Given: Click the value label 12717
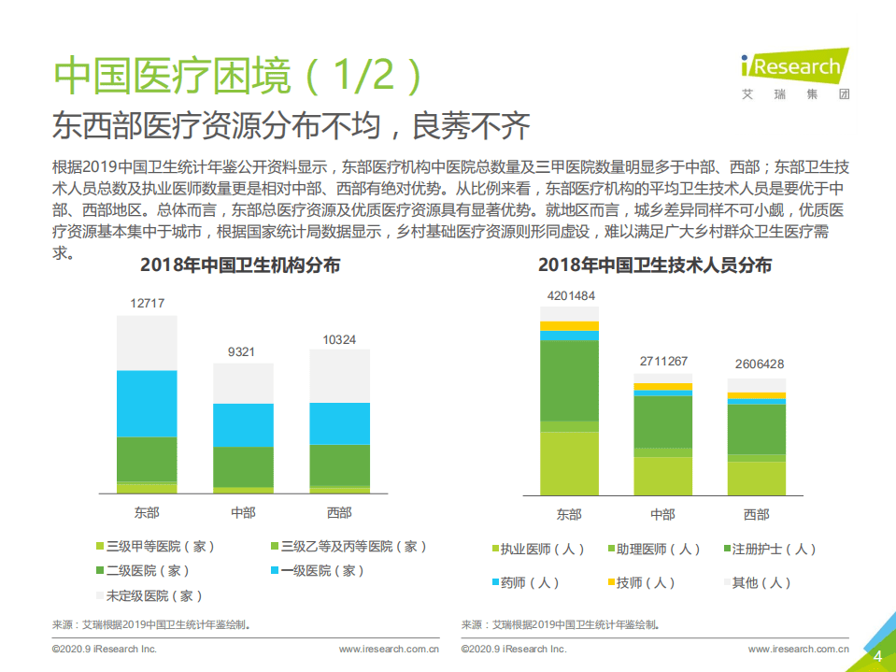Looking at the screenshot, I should point(147,303).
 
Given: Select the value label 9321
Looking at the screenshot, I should point(243,351).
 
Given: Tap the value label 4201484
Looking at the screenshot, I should point(569,296).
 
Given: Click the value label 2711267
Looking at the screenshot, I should point(662,362).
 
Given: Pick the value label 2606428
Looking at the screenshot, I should point(757,365).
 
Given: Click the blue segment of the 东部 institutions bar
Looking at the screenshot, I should point(147,403).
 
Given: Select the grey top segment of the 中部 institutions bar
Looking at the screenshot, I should point(243,383).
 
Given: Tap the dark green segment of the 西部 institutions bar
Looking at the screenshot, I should point(339,465).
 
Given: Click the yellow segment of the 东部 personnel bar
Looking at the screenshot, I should point(569,325).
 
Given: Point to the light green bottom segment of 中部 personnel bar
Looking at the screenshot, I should point(662,476).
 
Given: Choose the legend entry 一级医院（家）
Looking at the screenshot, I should point(318,570).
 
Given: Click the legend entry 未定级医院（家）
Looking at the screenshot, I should point(149,595).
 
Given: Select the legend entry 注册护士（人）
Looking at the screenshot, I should point(768,550).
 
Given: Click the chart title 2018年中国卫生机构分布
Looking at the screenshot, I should point(240,265).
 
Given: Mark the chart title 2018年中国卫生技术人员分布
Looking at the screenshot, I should point(655,265).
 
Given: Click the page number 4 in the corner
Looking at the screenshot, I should point(877,656).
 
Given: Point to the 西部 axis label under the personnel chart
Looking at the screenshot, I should point(757,514).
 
